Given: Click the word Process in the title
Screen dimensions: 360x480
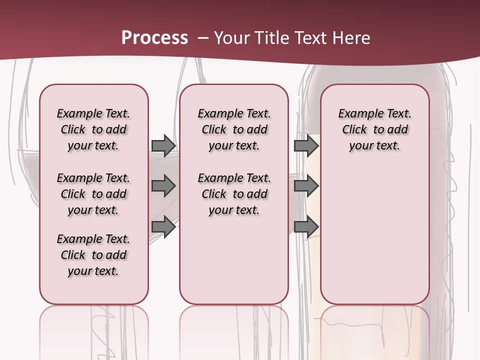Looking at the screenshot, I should (154, 38).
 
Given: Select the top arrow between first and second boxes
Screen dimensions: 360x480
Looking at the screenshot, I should (163, 145).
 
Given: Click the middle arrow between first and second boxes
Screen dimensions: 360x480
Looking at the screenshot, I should (163, 186).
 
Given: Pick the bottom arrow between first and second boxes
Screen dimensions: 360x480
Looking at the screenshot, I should (163, 226).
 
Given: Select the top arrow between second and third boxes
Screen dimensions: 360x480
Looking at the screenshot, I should (306, 145).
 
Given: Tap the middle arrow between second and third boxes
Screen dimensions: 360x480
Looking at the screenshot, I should (306, 186).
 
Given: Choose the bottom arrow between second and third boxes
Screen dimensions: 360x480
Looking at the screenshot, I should (306, 226).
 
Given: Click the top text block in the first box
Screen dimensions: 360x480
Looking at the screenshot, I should (93, 129).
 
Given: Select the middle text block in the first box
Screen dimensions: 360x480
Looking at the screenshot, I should (93, 194).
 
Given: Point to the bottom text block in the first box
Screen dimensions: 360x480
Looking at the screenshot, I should (93, 255).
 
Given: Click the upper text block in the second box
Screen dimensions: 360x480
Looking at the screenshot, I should (234, 129).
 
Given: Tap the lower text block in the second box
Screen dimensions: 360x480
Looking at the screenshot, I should (234, 194).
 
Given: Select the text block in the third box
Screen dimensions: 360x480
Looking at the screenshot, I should (374, 129).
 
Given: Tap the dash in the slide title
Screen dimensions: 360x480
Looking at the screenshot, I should (202, 38).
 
